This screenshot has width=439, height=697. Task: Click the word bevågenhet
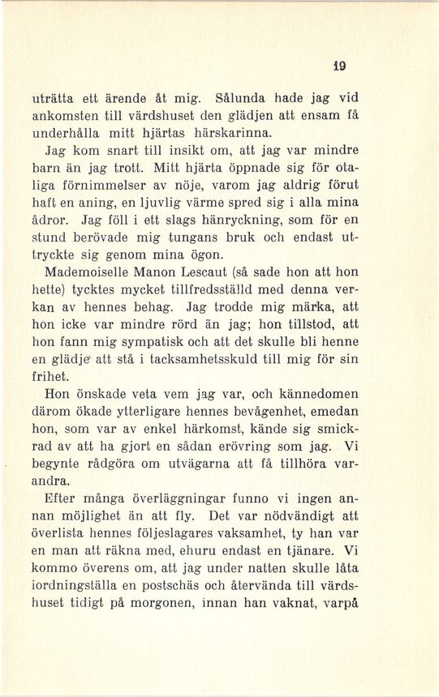273,413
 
